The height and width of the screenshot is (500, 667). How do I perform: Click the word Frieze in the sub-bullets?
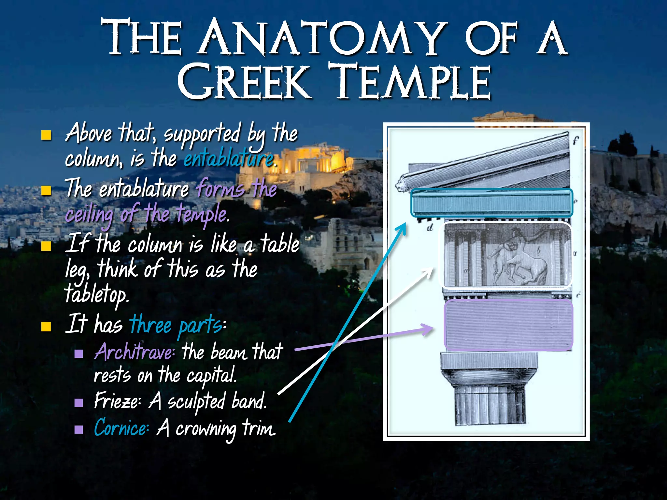117,401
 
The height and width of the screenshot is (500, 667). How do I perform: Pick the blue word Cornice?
121,428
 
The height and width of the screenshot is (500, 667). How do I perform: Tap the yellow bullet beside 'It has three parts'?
46,326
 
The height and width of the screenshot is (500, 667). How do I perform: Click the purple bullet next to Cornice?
78,430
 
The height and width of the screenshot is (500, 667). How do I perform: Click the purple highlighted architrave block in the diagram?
508,325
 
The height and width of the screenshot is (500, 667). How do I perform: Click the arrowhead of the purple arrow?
429,329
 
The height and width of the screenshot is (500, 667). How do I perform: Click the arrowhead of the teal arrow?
403,227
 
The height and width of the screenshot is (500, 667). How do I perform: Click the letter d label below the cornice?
430,228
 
